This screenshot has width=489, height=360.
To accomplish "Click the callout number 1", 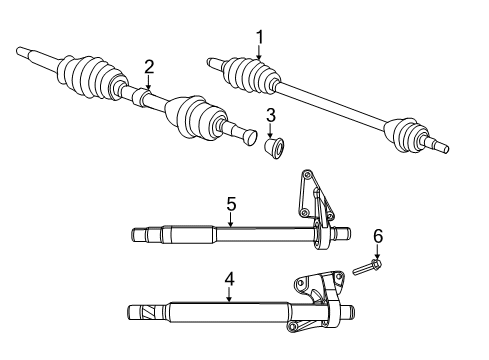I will [260, 38].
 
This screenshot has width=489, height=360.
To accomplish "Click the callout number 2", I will [149, 67].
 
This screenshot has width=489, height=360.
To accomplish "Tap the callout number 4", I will [229, 295].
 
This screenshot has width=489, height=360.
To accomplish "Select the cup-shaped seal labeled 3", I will [273, 148].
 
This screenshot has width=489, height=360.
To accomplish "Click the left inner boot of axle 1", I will [245, 75].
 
